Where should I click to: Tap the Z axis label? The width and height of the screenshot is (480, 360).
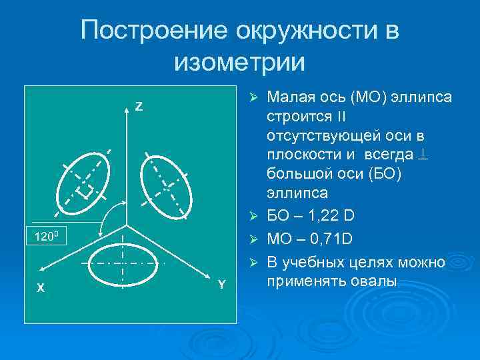coord(139,107)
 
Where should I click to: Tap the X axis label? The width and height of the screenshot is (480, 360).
coord(41,287)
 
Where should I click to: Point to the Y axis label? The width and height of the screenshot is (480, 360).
coord(222,285)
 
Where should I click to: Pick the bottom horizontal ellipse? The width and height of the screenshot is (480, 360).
coord(124,263)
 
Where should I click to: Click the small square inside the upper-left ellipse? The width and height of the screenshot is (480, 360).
coord(84,192)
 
